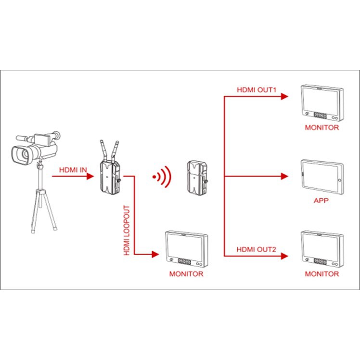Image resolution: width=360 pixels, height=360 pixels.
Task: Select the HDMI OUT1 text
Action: coord(255,90)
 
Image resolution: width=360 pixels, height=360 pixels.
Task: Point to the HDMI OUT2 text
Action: coord(255,249)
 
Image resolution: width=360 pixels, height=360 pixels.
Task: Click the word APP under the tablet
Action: coord(321,200)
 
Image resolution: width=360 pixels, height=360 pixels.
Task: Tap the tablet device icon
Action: coord(322,177)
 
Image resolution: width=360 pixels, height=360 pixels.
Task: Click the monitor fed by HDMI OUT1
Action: coord(321,103)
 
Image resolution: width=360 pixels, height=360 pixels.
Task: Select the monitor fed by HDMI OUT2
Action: coord(321,249)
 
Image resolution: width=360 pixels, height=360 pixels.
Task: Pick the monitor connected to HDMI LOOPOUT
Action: coord(186,249)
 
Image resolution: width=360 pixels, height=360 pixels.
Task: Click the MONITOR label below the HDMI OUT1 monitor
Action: coord(321,128)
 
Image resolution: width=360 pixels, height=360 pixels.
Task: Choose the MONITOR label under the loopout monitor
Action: coord(186,274)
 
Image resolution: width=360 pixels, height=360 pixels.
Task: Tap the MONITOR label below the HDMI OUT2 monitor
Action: coord(321,274)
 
